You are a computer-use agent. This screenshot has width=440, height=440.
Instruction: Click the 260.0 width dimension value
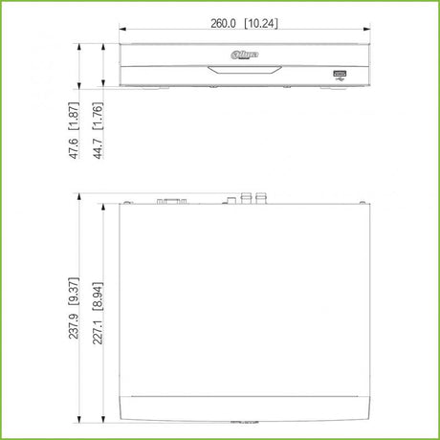[x=223, y=23]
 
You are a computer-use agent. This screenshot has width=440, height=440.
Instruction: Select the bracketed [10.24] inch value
[x=261, y=23]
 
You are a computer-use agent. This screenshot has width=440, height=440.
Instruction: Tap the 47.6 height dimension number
[x=74, y=148]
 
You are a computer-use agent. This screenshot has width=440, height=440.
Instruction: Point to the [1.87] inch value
[x=74, y=116]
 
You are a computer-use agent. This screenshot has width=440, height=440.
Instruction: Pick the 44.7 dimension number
[x=98, y=148]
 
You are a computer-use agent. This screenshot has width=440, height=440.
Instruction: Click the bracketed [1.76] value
[x=98, y=116]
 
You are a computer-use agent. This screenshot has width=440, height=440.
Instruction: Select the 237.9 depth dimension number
[x=74, y=326]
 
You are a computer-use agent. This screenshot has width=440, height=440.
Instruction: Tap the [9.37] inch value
[x=74, y=292]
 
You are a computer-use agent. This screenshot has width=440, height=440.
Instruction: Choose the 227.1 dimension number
[x=98, y=332]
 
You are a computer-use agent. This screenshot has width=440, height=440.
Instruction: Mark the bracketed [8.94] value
[x=98, y=297]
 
